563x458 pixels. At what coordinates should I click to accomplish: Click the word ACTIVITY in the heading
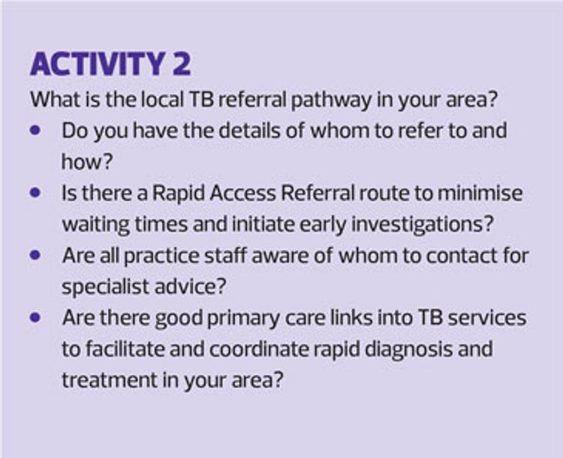click(x=97, y=64)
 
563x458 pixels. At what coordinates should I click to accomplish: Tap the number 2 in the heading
click(x=182, y=64)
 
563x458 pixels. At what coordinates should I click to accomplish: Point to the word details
click(x=250, y=131)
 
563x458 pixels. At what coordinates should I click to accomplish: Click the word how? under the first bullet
click(x=87, y=161)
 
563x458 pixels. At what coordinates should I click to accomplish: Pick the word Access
click(x=242, y=193)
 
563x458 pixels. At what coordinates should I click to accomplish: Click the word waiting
click(x=96, y=224)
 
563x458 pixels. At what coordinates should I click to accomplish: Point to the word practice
click(x=161, y=256)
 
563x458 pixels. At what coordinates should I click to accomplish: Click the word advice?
click(x=191, y=287)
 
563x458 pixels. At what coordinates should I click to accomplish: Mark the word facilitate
click(x=127, y=349)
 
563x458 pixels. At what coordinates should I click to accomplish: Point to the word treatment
click(x=110, y=381)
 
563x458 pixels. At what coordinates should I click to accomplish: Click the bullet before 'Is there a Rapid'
click(x=35, y=193)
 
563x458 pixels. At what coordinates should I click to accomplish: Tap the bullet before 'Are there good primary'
click(x=35, y=318)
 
